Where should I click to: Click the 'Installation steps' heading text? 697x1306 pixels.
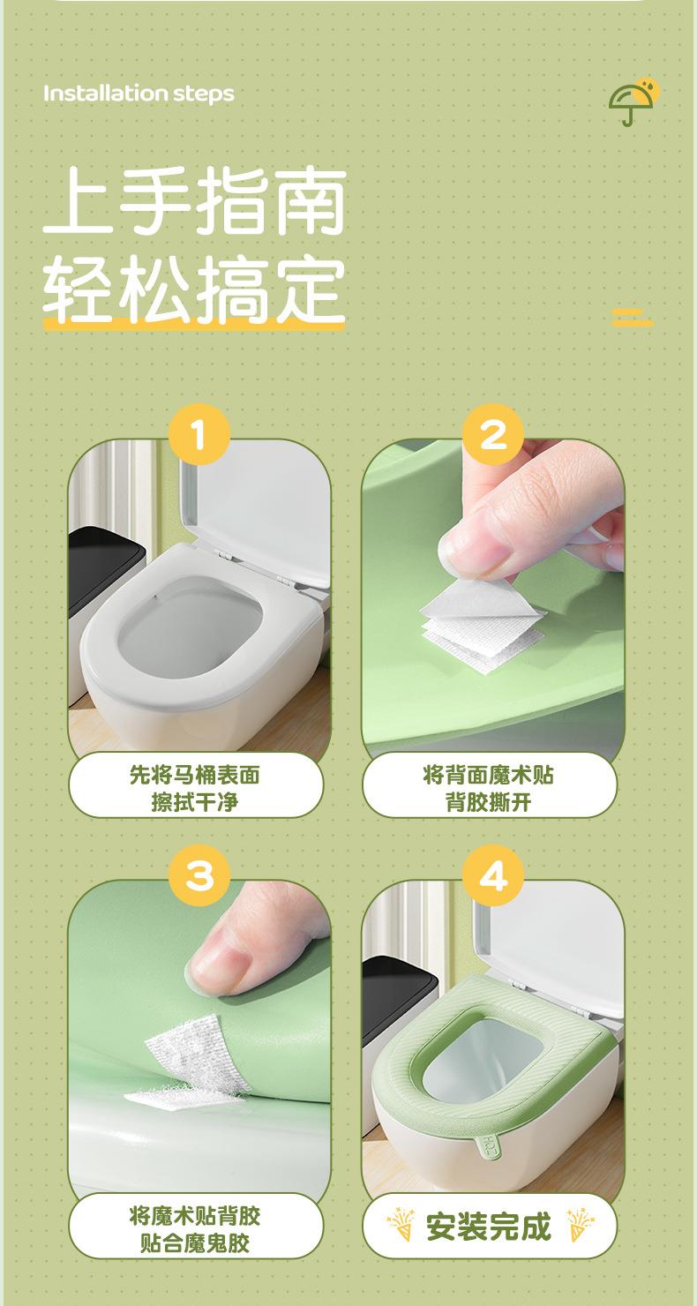(139, 94)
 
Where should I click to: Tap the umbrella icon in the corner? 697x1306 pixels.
(633, 101)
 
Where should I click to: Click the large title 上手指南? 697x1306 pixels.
(195, 202)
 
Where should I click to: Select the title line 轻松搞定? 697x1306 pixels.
(195, 289)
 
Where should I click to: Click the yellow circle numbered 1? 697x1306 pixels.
(199, 434)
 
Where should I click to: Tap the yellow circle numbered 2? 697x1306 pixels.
(493, 434)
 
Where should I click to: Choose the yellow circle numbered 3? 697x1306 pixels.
(199, 875)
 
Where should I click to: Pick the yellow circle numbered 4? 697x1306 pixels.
(493, 875)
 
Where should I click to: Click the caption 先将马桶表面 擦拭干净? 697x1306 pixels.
(195, 789)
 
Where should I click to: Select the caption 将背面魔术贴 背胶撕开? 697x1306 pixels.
(489, 789)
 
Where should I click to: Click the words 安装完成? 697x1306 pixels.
(489, 1227)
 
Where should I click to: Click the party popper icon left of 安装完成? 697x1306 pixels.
(401, 1225)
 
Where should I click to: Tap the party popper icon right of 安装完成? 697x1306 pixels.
(581, 1225)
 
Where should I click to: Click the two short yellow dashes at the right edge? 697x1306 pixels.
(633, 318)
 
